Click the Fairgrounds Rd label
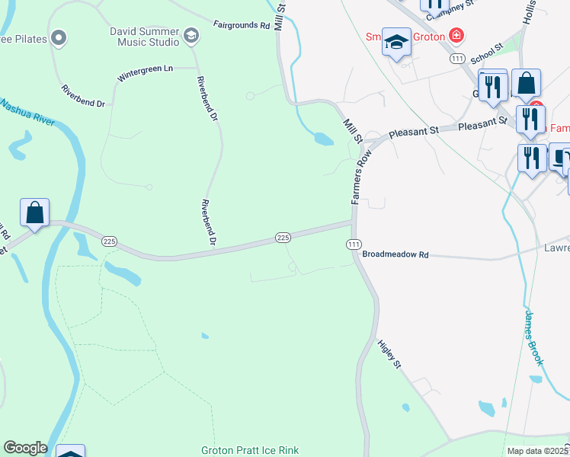click(242, 25)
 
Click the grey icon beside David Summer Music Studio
click(191, 35)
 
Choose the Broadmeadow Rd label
click(395, 254)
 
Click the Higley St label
click(390, 354)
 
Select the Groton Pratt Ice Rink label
click(250, 450)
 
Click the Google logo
click(25, 448)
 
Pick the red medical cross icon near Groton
click(456, 35)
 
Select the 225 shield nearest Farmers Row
click(283, 238)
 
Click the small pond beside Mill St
click(322, 139)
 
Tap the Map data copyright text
click(536, 451)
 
